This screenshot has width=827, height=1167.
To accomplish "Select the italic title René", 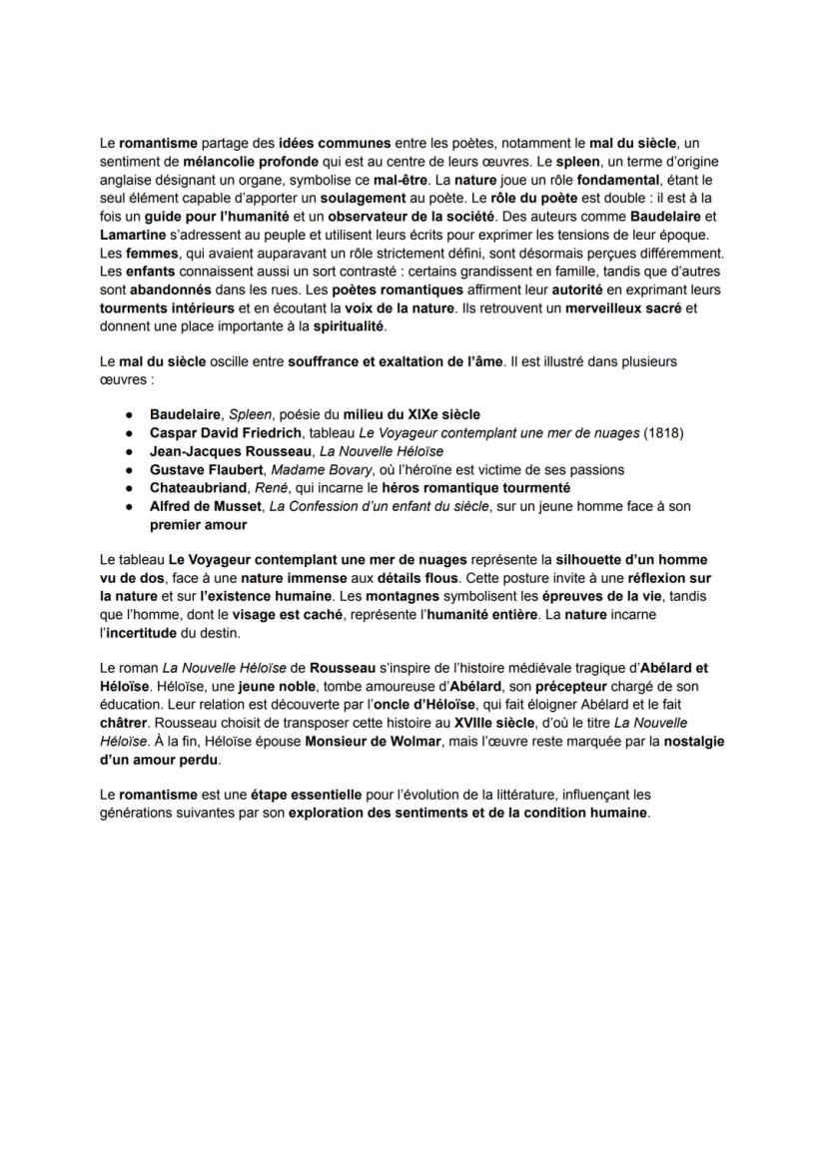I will click(x=297, y=487).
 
